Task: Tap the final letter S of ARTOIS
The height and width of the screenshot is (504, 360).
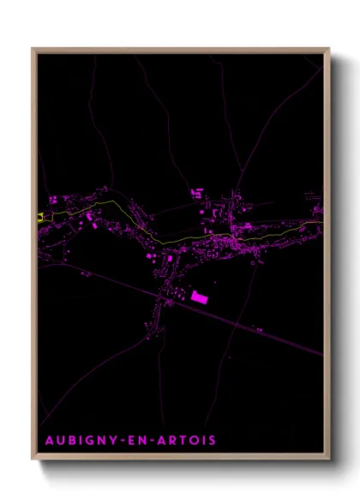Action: point(212,441)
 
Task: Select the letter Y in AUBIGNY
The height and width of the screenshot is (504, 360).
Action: point(119,441)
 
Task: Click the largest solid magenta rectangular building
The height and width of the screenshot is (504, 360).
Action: point(199,297)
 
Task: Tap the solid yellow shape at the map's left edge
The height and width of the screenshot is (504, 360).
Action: point(40,217)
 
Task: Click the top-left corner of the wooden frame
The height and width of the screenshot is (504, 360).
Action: point(33,49)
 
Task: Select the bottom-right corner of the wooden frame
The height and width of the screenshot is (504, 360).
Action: point(329,459)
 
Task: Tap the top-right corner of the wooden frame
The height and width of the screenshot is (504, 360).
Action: point(329,49)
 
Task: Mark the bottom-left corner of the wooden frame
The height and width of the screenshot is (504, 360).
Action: point(33,459)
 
